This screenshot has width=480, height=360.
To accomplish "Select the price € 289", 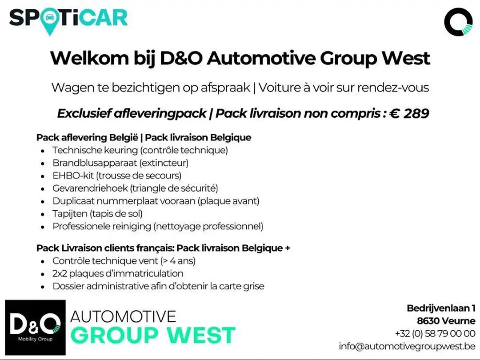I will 409,113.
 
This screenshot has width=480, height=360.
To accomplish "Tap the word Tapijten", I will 70,214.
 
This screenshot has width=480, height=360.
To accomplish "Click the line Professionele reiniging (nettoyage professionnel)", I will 158,226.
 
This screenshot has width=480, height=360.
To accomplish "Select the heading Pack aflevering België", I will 88,137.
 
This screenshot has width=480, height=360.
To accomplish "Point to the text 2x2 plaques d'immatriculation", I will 118,273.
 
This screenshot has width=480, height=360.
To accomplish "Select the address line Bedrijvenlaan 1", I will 441,308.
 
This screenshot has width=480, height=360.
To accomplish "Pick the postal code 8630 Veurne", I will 446,321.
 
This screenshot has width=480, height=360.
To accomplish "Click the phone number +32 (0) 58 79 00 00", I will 435,333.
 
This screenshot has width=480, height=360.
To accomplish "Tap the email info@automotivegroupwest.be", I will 407,346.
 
